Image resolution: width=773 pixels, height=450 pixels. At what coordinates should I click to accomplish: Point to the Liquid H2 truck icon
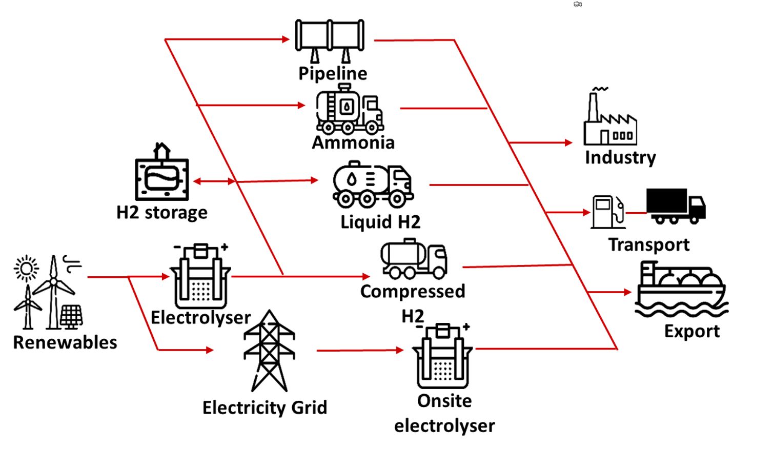click(x=373, y=184)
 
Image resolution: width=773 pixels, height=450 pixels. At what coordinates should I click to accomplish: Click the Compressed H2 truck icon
click(x=413, y=259)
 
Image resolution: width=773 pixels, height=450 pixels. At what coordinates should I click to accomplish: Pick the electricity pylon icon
click(x=269, y=351)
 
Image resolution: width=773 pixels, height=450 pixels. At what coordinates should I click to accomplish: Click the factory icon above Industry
click(x=610, y=119)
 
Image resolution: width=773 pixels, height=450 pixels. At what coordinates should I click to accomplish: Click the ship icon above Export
click(x=681, y=290)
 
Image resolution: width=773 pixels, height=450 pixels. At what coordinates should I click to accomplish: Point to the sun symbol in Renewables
click(x=26, y=268)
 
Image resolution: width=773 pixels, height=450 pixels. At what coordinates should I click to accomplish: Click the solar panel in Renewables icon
click(x=71, y=316)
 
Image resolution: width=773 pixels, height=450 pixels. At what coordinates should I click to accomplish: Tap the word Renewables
click(x=65, y=342)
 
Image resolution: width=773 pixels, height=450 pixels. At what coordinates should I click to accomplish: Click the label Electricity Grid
click(x=265, y=408)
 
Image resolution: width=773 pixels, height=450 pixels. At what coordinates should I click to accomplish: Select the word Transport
click(x=648, y=245)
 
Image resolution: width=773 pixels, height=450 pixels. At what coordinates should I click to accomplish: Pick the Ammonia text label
click(x=353, y=143)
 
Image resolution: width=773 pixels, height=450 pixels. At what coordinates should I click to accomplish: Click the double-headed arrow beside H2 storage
click(x=214, y=181)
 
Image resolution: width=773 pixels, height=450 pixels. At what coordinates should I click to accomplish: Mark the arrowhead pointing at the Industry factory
click(x=568, y=142)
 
